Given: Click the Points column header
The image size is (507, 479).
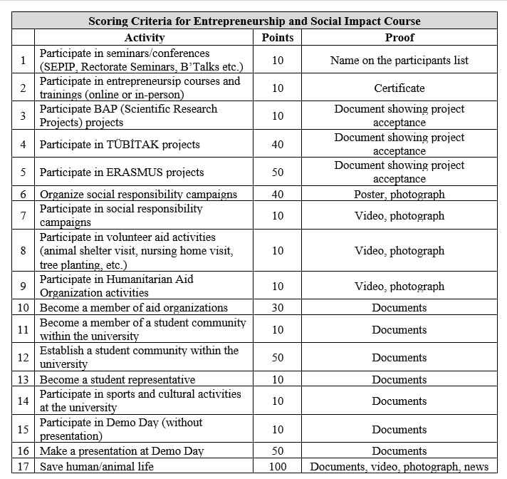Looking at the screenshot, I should [277, 37].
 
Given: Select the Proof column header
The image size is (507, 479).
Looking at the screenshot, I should [399, 37].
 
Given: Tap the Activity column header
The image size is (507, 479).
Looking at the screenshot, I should [144, 37].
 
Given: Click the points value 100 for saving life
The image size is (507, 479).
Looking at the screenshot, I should [277, 467].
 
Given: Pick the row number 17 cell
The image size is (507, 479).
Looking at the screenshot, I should [23, 467].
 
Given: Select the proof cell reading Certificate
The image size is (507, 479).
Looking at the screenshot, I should [399, 88].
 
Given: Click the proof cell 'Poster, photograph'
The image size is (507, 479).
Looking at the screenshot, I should [399, 194].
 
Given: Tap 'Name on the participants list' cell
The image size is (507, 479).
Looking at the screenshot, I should [399, 61].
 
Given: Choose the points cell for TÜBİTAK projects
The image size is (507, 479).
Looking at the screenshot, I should [277, 144].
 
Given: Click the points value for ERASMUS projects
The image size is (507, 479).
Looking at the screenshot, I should [277, 172].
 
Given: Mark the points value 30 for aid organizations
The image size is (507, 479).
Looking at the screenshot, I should [277, 308].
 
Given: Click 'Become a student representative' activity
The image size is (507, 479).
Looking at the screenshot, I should [117, 380].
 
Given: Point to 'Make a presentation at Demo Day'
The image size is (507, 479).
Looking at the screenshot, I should [122, 451].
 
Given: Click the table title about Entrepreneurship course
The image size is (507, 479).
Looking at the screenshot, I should [254, 21].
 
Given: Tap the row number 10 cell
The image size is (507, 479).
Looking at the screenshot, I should [23, 308].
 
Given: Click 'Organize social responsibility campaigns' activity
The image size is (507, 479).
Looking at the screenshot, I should [138, 194].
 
